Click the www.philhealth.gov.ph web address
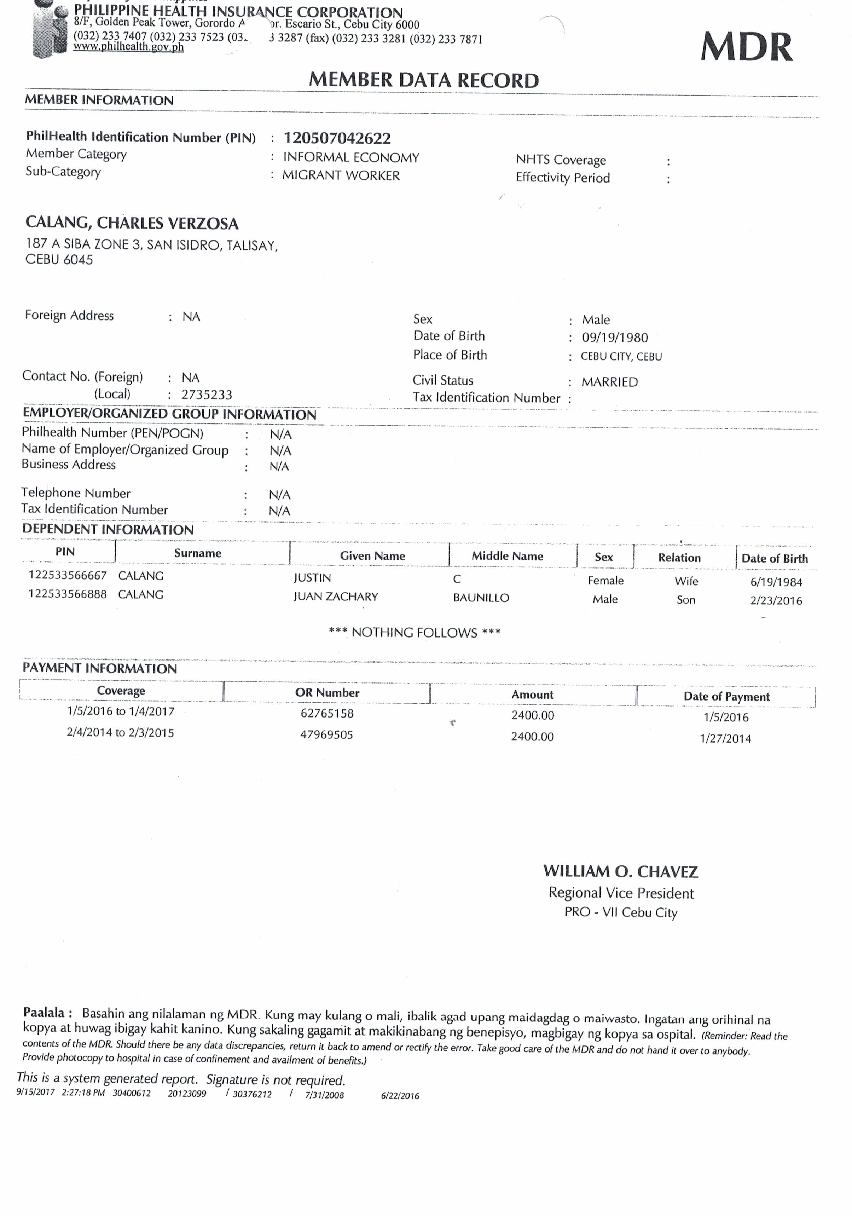[129, 47]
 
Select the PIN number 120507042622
[337, 138]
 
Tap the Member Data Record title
[424, 80]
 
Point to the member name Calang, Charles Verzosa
[132, 223]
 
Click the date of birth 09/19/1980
[615, 338]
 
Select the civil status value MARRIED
[609, 382]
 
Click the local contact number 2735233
[207, 394]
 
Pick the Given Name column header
[372, 555]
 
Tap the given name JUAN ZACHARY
[336, 597]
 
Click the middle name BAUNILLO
[481, 598]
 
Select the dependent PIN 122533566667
[67, 575]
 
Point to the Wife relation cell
[686, 581]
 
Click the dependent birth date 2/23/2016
[776, 601]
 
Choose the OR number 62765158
[327, 713]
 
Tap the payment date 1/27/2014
[725, 738]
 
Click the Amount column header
[532, 695]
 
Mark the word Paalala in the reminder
[44, 1012]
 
